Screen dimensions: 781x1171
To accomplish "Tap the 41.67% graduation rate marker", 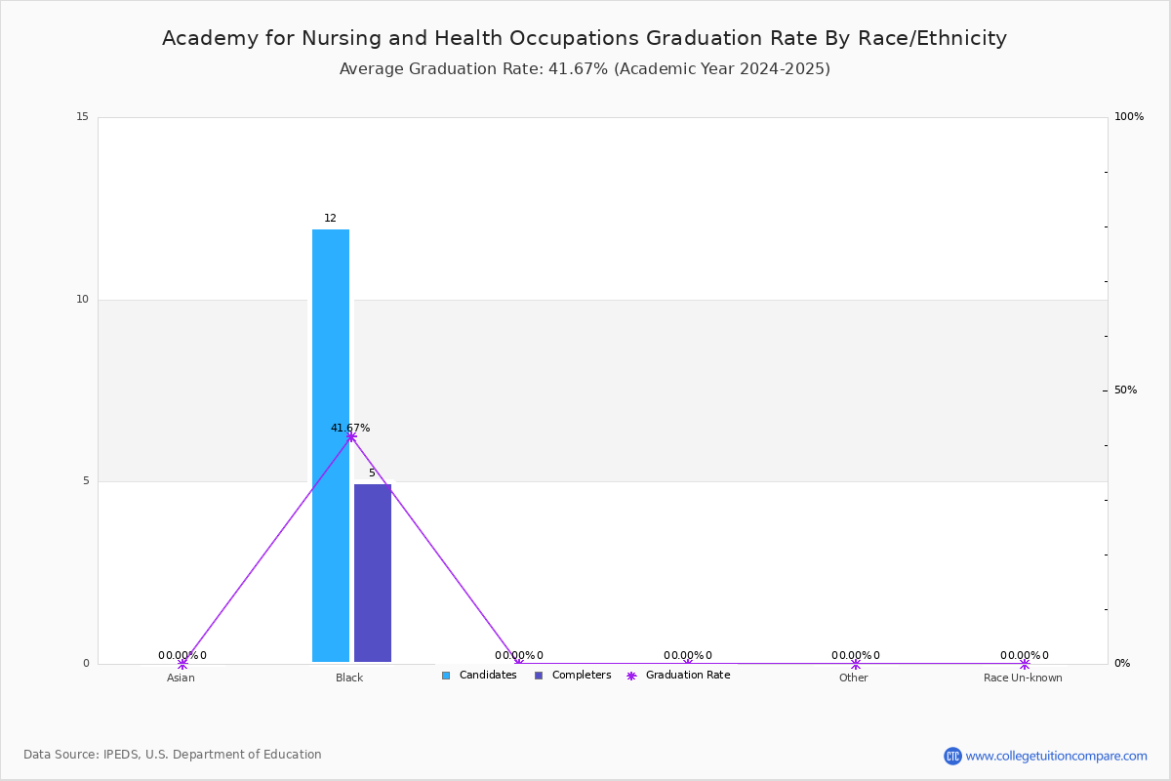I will pos(351,436).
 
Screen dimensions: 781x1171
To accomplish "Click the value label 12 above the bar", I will pos(330,219).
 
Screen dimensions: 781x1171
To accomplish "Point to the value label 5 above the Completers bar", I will pos(372,473).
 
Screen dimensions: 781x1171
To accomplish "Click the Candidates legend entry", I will pos(479,676).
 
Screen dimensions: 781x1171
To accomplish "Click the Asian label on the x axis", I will pos(181,678).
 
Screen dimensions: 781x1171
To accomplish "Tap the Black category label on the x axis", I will pos(349,678).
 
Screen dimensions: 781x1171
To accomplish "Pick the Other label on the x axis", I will pos(853,678).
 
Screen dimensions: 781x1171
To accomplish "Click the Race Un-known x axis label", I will pos(1023,678).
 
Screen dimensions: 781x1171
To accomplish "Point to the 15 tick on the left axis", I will pos(82,117).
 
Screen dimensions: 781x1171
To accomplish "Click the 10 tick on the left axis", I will pos(82,300).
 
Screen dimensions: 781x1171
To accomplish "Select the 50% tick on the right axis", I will pos(1125,390).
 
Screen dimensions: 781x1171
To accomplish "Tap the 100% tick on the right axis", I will pos(1129,117).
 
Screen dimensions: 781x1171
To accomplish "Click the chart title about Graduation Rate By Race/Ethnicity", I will pos(585,38).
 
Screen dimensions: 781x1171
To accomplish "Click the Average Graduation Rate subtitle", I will pos(585,69).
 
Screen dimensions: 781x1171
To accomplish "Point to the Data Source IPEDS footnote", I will pos(173,755).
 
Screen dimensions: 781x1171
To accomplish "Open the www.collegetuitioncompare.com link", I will pos(1056,756).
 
